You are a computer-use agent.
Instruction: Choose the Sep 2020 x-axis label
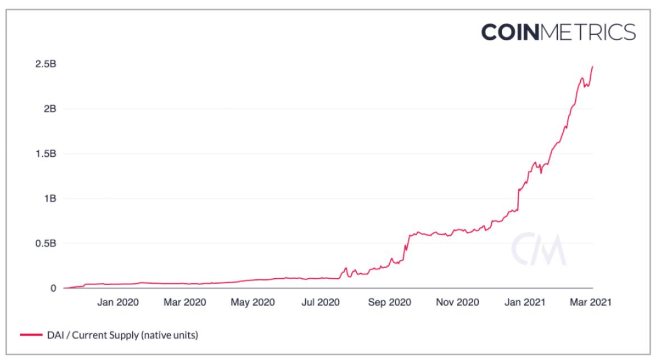[x=389, y=302]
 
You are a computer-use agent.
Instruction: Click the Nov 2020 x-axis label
[x=457, y=302]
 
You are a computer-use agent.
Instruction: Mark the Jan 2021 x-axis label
[x=525, y=302]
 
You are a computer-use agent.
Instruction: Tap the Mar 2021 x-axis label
[x=589, y=302]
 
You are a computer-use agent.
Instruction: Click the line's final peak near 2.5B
[x=593, y=67]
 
